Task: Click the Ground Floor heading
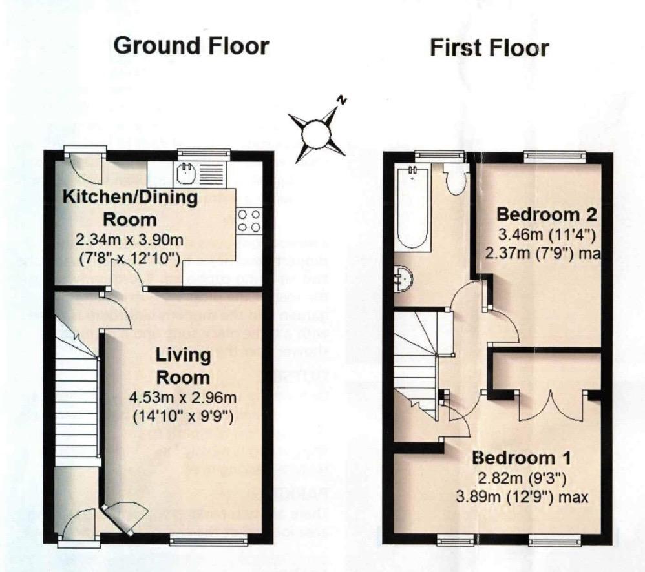click(191, 46)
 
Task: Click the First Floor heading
click(489, 47)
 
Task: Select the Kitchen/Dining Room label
click(129, 208)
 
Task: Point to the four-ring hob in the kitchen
click(248, 220)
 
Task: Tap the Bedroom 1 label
click(521, 458)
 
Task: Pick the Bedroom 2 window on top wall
click(555, 154)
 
